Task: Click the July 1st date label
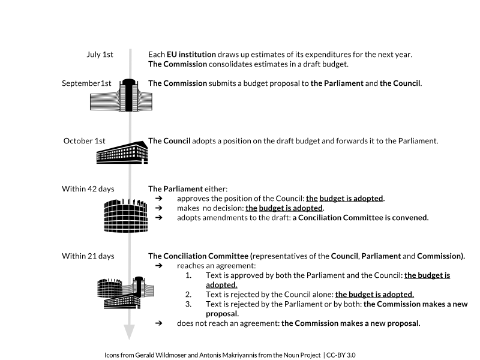pyautogui.click(x=100, y=55)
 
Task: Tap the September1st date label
pyautogui.click(x=87, y=83)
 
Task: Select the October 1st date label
pyautogui.click(x=85, y=141)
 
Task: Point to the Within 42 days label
pyautogui.click(x=88, y=189)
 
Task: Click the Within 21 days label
pyautogui.click(x=88, y=256)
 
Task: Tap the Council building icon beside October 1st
pyautogui.click(x=122, y=152)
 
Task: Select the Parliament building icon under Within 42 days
pyautogui.click(x=125, y=212)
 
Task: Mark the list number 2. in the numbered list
pyautogui.click(x=188, y=295)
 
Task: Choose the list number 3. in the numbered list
pyautogui.click(x=188, y=304)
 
